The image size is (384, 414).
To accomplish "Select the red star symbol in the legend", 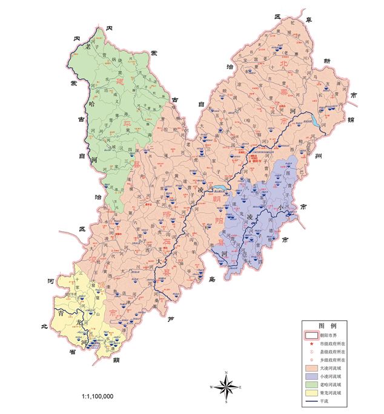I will coord(311,343).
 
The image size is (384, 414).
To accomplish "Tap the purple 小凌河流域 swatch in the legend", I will coord(311,375).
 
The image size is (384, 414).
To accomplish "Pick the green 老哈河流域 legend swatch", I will coord(311,384).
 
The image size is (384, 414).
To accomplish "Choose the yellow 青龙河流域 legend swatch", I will coord(311,392).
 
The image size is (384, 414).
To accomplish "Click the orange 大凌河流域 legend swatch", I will coord(311,367).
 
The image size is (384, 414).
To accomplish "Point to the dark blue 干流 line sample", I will coord(311,401).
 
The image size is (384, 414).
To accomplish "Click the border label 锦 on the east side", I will coord(349,119).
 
